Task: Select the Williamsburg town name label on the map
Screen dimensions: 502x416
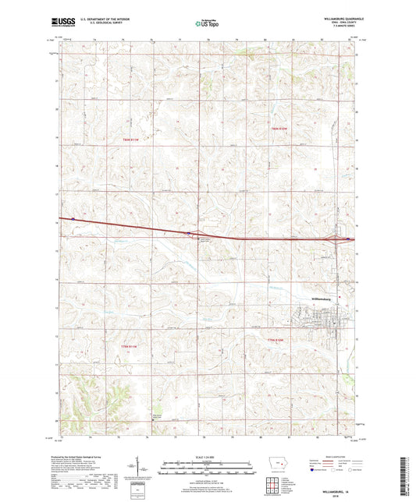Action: click(322, 297)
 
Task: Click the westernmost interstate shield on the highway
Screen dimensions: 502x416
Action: click(73, 218)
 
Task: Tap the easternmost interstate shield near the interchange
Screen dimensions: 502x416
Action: click(347, 240)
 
